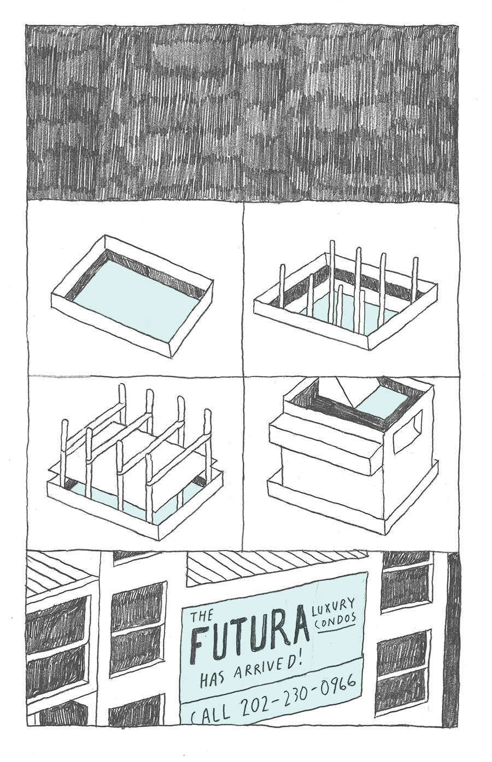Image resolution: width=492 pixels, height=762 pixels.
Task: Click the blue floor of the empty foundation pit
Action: [x=135, y=297]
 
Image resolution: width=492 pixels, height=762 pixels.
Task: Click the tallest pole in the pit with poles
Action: [x=331, y=286]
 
